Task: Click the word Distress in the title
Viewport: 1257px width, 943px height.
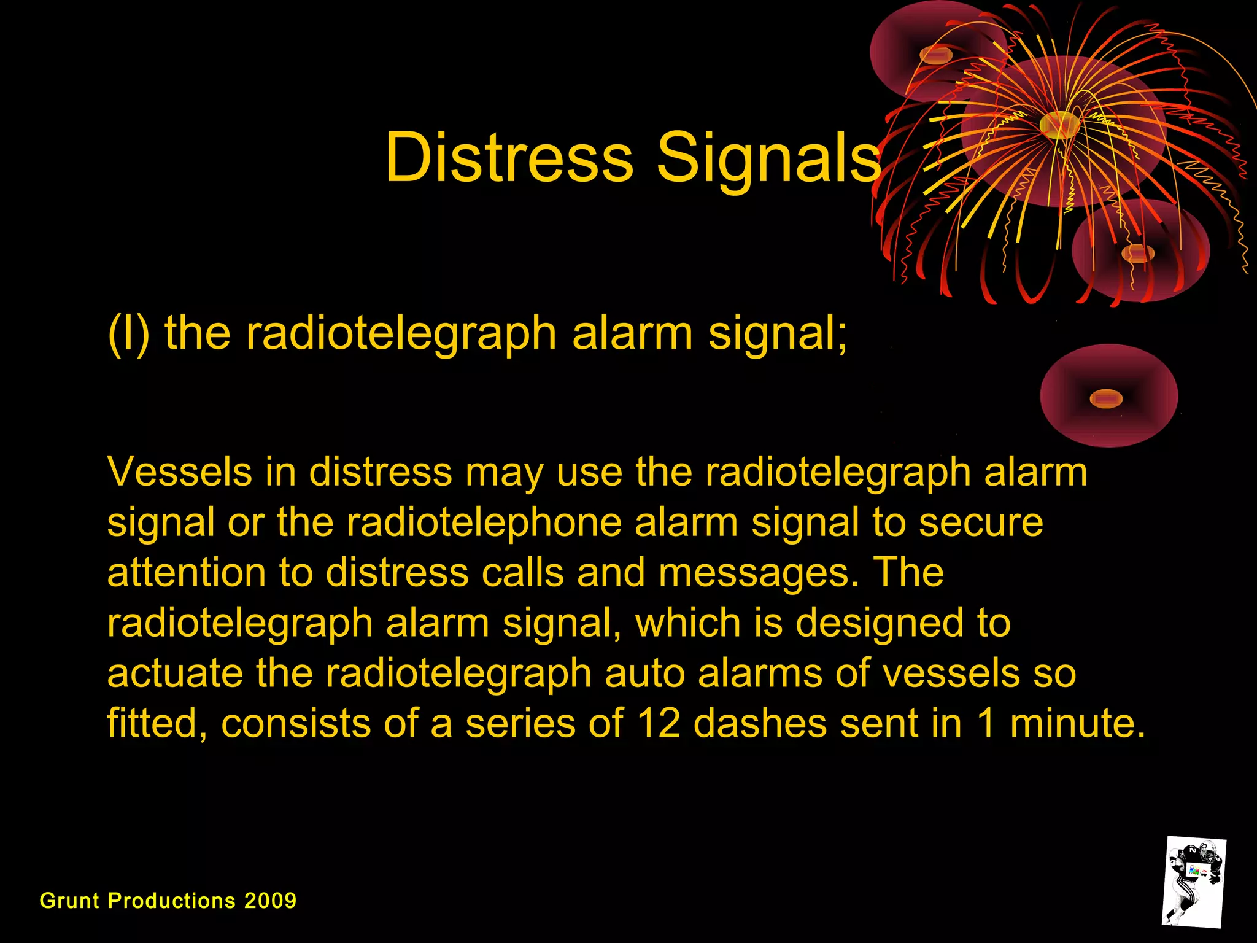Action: point(509,158)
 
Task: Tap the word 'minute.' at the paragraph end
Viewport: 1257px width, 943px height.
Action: point(1078,723)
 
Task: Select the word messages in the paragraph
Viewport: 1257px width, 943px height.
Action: point(759,573)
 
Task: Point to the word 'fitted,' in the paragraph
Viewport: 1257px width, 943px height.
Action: point(157,723)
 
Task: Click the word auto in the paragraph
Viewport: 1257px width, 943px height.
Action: point(644,673)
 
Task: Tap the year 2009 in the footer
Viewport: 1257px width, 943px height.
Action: point(270,901)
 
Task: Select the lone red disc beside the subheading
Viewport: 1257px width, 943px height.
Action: point(1108,396)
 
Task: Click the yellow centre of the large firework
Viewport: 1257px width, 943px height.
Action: point(1059,125)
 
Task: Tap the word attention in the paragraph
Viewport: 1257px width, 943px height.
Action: point(187,573)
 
